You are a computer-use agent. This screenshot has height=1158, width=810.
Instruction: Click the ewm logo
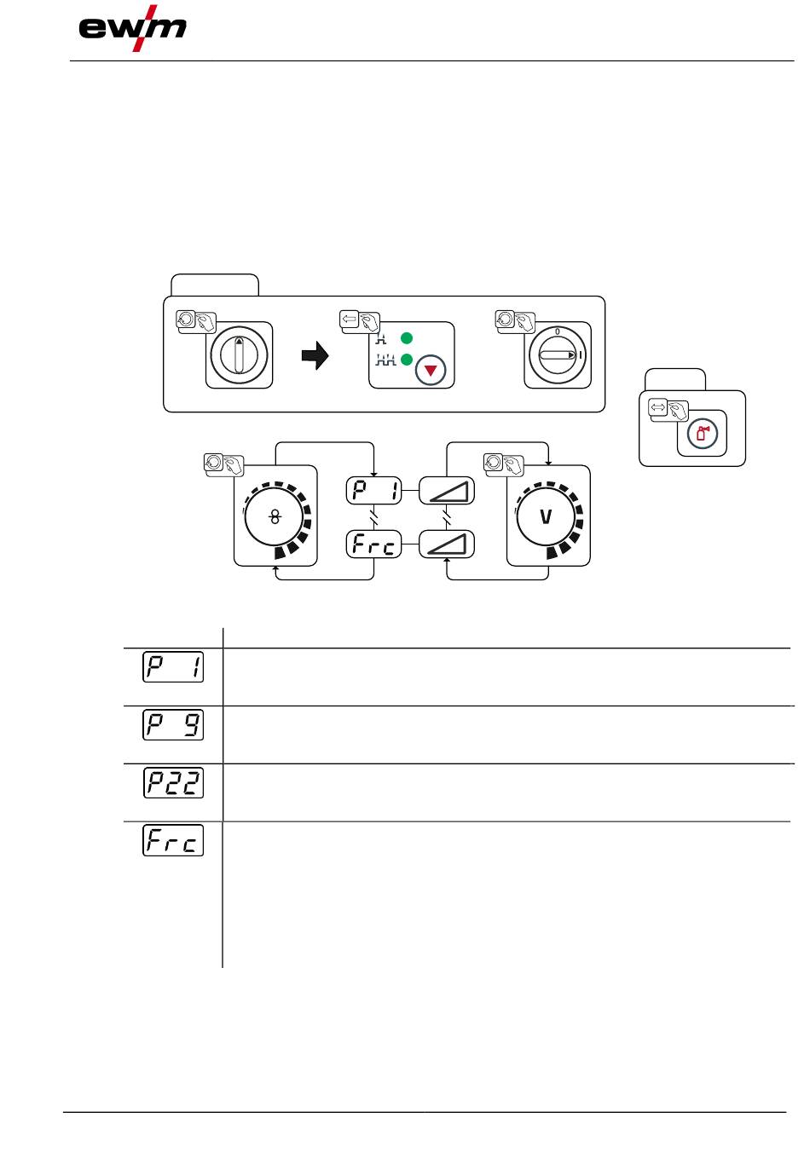[x=132, y=28]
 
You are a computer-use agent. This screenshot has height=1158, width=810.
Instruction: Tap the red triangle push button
[x=431, y=370]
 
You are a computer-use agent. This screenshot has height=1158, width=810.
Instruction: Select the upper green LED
[x=407, y=338]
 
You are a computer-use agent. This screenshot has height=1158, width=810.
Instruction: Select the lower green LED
[x=407, y=358]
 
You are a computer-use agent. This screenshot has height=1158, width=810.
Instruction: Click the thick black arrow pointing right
[x=315, y=355]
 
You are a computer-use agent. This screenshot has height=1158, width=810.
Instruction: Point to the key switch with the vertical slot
[x=239, y=355]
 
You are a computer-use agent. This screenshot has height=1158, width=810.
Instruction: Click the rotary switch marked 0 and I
[x=558, y=355]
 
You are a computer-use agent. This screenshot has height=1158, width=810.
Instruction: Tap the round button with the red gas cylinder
[x=703, y=433]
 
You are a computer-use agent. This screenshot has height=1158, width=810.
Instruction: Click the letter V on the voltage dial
[x=546, y=516]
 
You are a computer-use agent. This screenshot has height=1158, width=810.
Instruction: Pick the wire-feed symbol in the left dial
[x=275, y=516]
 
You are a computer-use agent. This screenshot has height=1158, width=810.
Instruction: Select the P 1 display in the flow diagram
[x=373, y=490]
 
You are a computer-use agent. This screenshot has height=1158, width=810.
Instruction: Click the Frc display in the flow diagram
[x=373, y=544]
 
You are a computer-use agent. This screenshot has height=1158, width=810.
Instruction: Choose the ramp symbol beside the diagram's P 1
[x=447, y=490]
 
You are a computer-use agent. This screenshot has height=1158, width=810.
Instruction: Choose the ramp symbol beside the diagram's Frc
[x=447, y=544]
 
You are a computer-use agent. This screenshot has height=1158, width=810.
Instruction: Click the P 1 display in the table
[x=173, y=667]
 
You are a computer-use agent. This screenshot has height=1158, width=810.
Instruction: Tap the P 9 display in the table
[x=173, y=725]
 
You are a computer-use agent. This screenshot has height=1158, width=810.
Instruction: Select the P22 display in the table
[x=173, y=783]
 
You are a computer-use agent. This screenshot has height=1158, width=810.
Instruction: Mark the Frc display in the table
[x=173, y=840]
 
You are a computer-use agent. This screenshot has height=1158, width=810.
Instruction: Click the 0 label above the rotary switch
[x=557, y=331]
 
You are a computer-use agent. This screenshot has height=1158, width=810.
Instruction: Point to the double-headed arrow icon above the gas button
[x=658, y=406]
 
